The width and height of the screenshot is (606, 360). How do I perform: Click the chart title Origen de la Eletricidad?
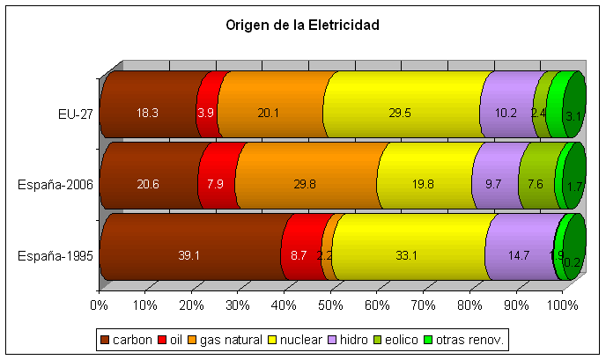[303, 26]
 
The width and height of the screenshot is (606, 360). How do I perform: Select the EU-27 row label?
[75, 114]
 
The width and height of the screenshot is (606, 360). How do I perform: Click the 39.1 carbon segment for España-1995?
[189, 255]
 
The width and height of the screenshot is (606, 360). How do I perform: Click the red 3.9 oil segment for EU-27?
[206, 113]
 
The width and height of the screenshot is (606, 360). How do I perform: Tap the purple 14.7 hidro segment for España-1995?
[520, 255]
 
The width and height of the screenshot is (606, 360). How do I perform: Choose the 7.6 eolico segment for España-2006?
[536, 184]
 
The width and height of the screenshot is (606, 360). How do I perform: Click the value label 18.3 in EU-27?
[148, 114]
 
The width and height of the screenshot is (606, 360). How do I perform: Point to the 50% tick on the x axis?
[330, 305]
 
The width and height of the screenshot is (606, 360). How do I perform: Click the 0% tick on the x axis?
[99, 305]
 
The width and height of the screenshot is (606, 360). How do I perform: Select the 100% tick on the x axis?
[562, 305]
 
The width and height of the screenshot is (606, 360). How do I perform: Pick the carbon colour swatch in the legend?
[105, 339]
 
